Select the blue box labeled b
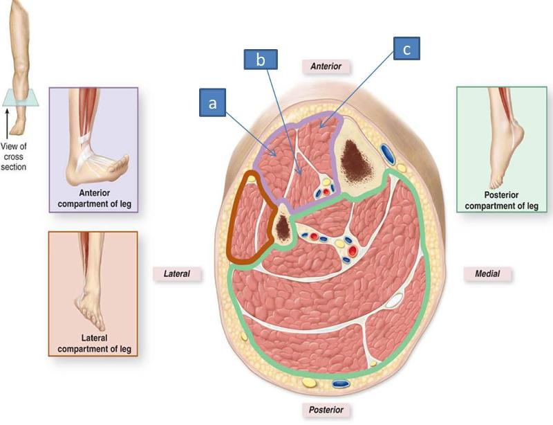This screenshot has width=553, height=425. tap(261, 60)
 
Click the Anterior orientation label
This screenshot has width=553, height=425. tap(326, 66)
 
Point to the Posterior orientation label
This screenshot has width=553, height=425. tap(326, 410)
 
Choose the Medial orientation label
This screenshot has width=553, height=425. tap(487, 273)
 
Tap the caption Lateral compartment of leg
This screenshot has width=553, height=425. tap(95, 343)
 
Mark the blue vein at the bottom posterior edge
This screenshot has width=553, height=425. tap(340, 383)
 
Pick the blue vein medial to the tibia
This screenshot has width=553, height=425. tap(384, 150)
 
